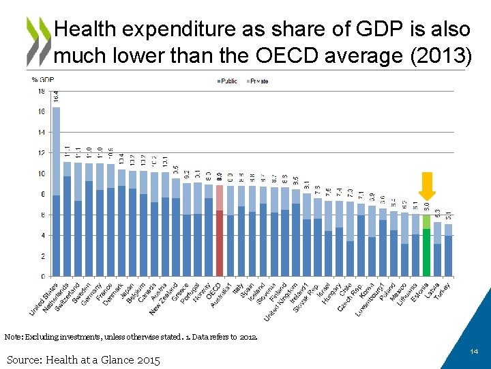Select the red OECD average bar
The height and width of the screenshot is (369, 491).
pyautogui.click(x=220, y=232)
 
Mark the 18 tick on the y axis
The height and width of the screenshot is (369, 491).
pyautogui.click(x=42, y=91)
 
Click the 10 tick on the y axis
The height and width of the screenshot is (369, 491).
pyautogui.click(x=42, y=174)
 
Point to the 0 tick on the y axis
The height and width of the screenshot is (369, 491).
pyautogui.click(x=43, y=277)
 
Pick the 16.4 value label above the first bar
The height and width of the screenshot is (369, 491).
pyautogui.click(x=56, y=98)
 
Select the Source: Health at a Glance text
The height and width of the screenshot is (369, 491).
pyautogui.click(x=83, y=360)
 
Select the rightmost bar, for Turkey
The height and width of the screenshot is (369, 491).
pyautogui.click(x=448, y=250)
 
